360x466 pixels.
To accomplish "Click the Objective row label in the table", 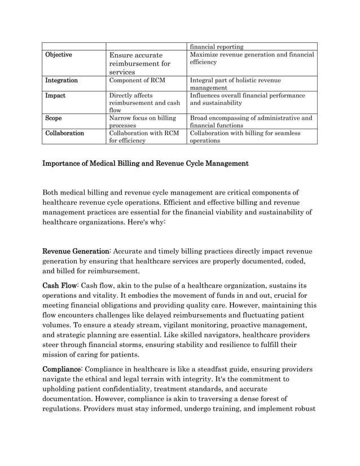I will [x=59, y=55].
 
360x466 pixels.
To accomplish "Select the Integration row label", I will [x=62, y=81].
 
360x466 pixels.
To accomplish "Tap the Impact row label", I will [x=55, y=96].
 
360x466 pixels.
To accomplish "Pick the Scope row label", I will [x=55, y=118].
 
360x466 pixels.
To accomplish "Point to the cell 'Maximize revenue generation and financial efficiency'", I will [x=252, y=59].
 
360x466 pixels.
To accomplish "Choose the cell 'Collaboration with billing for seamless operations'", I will [x=246, y=138].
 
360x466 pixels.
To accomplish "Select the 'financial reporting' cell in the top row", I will [x=217, y=46].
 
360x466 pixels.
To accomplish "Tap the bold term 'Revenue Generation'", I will [x=76, y=250].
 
